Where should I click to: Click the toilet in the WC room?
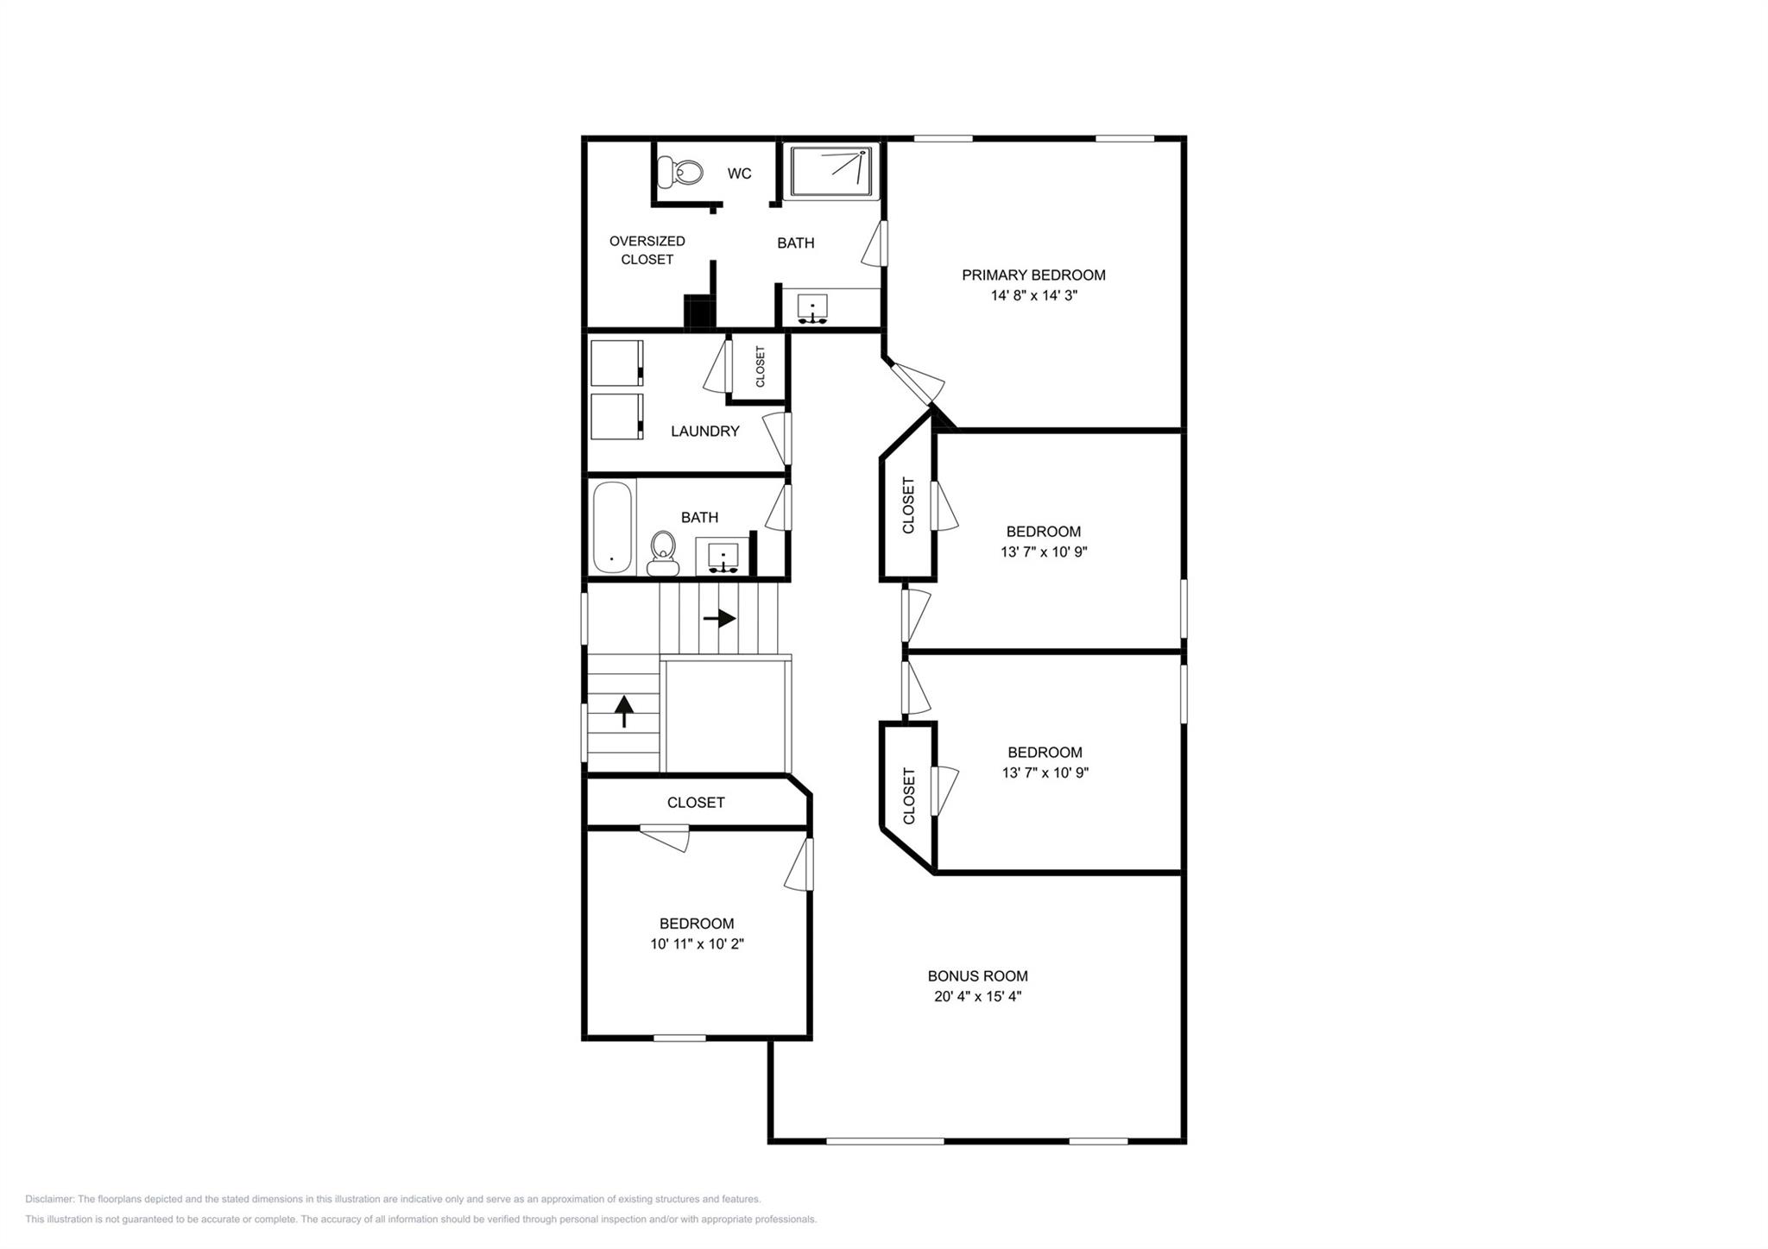679,173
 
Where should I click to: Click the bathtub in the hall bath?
613,527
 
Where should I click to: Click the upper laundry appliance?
616,363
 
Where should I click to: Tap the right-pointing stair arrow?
719,618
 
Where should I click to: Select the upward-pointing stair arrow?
624,712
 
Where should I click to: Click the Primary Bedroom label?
1033,275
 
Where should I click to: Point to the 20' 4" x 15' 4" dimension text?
977,996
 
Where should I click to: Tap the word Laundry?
704,432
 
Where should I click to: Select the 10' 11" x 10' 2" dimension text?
697,944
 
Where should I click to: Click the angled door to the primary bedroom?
918,383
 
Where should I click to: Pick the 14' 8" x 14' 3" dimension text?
1033,296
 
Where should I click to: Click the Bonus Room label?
977,976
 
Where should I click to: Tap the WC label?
739,173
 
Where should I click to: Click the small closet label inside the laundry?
761,367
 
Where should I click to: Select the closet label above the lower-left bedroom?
696,803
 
